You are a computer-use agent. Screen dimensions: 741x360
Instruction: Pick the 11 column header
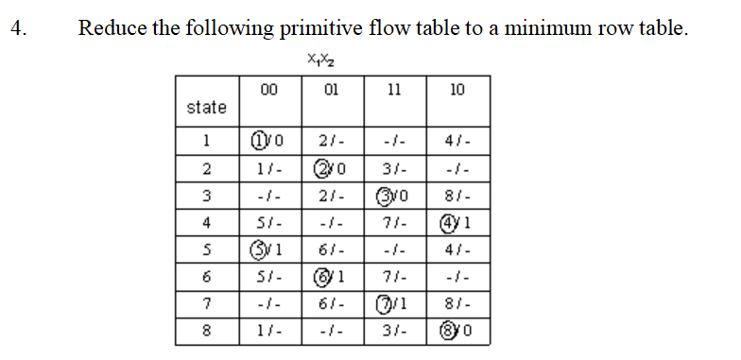click(x=393, y=90)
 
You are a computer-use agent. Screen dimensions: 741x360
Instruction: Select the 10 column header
click(x=457, y=90)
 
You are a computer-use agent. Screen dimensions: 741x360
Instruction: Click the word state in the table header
click(x=206, y=108)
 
